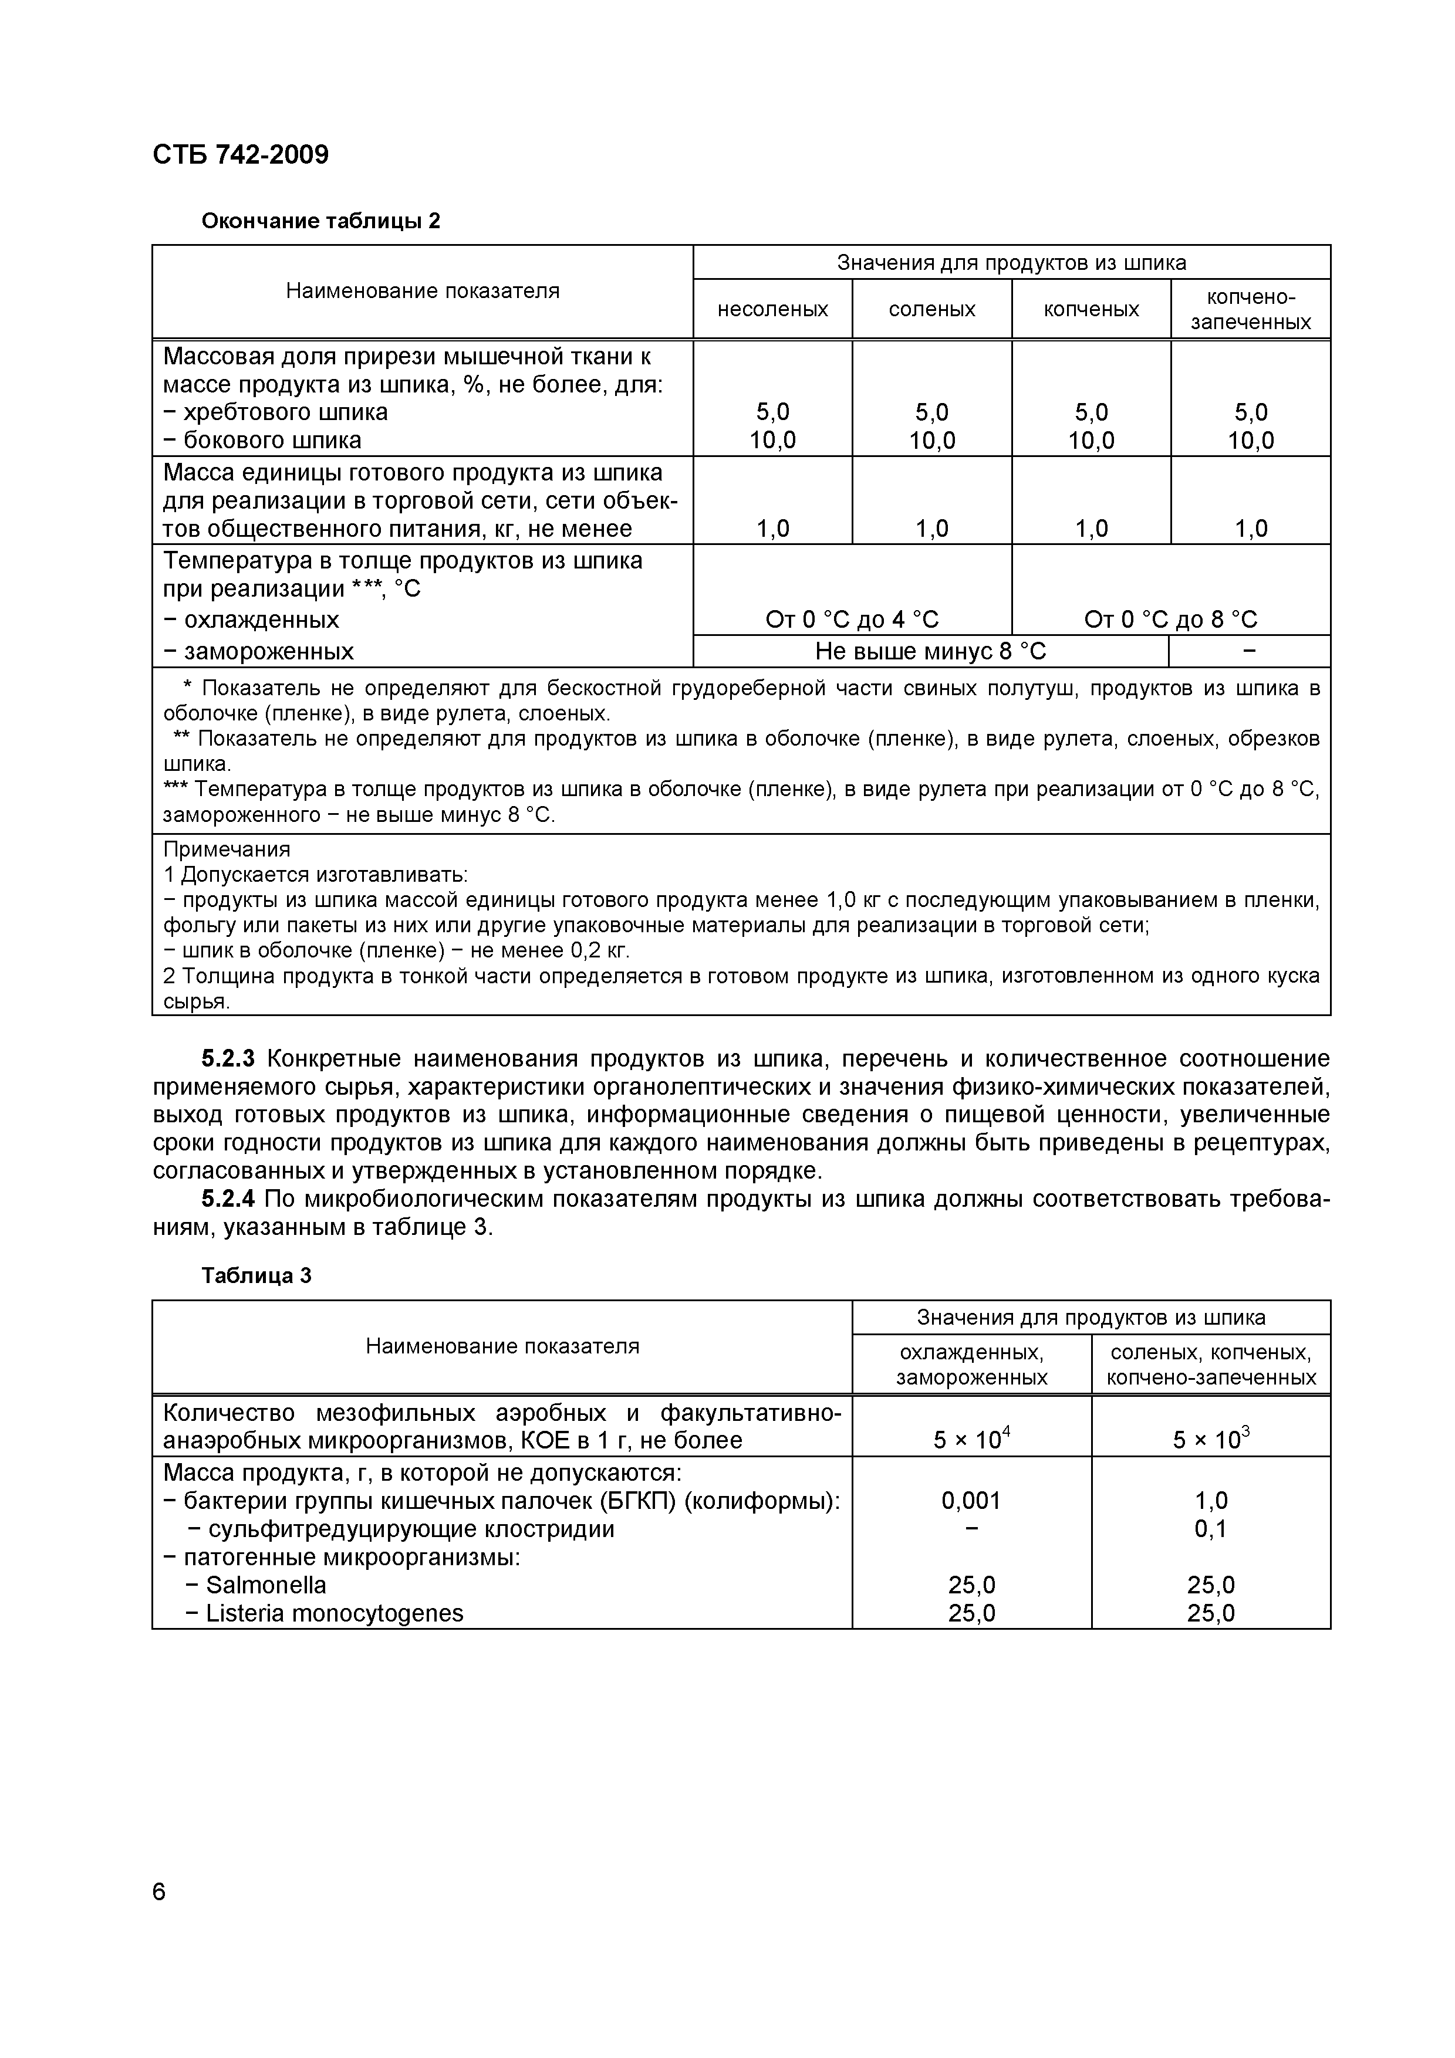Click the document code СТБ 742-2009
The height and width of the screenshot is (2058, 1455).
point(240,155)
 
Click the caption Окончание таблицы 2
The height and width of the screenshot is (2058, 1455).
point(321,221)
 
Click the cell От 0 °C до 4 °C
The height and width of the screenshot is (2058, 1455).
point(852,620)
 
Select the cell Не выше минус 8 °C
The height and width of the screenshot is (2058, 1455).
point(930,651)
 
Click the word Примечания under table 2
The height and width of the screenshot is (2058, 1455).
point(227,849)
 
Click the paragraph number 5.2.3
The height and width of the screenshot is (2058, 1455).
point(228,1058)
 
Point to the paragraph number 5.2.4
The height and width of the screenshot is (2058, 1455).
point(228,1199)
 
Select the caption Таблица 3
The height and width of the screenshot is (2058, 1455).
point(256,1275)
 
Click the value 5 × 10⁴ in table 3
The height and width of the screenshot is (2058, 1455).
point(972,1440)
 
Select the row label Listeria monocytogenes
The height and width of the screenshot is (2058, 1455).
point(335,1613)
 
